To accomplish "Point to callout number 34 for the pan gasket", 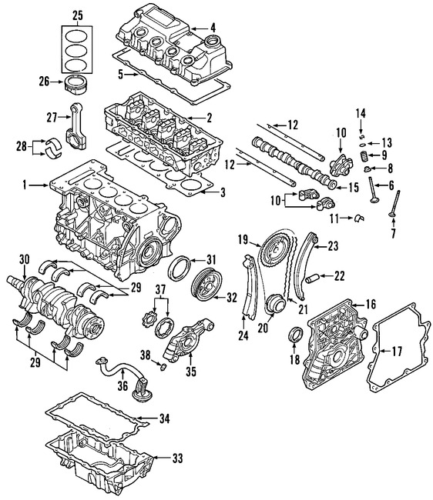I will pos(163,418).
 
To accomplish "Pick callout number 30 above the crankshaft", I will pos(24,259).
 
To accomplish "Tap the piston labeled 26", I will pos(77,81).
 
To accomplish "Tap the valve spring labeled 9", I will pos(357,156).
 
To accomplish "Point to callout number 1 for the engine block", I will pos(25,185).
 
